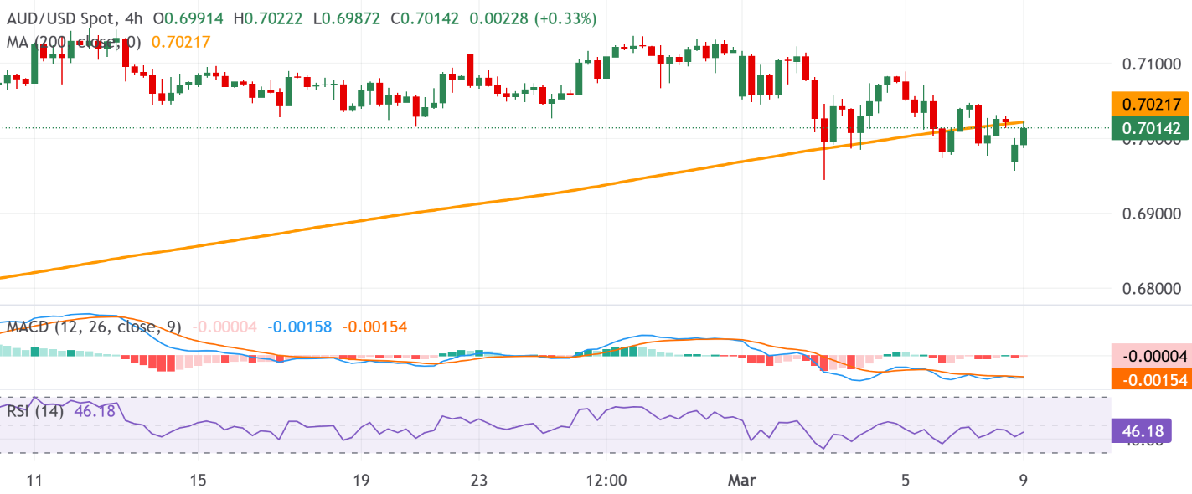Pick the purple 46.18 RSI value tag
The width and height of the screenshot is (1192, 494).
pos(1140,432)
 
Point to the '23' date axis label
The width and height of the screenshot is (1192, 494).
pos(477,481)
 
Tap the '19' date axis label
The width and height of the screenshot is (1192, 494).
pos(361,481)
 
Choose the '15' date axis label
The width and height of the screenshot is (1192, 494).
pos(198,481)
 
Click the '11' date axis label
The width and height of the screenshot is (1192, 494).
pos(34,481)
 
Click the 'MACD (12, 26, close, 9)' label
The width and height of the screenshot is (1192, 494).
pos(94,327)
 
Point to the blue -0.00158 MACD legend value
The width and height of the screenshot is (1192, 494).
pos(302,327)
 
